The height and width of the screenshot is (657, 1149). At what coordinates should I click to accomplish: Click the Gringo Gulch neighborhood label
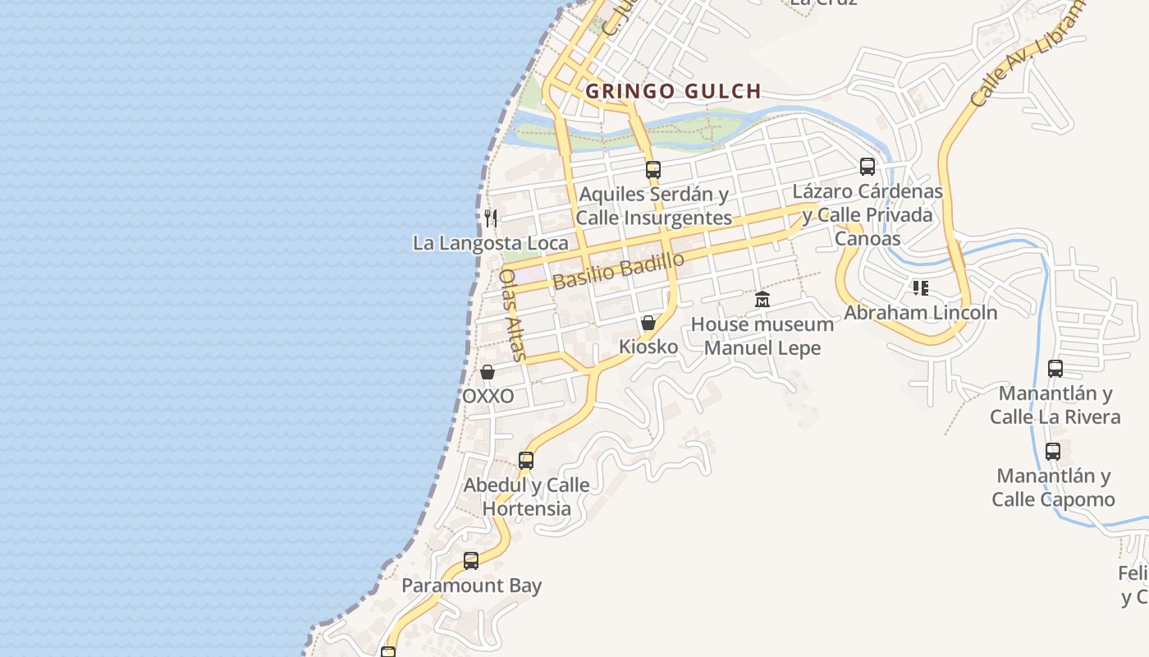pyautogui.click(x=673, y=91)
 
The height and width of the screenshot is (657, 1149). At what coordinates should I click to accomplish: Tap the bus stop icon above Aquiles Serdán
pyautogui.click(x=653, y=170)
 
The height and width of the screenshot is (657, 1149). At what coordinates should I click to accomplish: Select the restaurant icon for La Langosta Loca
pyautogui.click(x=491, y=218)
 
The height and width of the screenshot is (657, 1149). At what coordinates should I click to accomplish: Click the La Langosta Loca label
pyautogui.click(x=490, y=243)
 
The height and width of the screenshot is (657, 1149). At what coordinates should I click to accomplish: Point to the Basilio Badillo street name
pyautogui.click(x=618, y=271)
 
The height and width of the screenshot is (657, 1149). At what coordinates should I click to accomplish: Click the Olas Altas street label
pyautogui.click(x=511, y=315)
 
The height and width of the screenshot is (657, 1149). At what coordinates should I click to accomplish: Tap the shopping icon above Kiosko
pyautogui.click(x=648, y=323)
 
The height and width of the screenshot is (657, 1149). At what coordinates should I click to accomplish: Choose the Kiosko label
pyautogui.click(x=648, y=347)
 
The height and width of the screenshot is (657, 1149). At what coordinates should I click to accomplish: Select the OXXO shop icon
pyautogui.click(x=488, y=373)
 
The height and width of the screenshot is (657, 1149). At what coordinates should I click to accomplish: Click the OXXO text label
pyautogui.click(x=488, y=397)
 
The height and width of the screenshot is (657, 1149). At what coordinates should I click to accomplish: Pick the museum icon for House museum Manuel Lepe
pyautogui.click(x=762, y=300)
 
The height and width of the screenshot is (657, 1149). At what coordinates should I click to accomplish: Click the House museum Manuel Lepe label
pyautogui.click(x=762, y=336)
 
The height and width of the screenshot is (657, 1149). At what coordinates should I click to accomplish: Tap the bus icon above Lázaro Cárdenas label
pyautogui.click(x=867, y=167)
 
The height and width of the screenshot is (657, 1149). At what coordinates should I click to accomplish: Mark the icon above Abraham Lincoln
pyautogui.click(x=921, y=288)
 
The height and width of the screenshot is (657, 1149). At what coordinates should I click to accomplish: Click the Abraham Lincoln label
pyautogui.click(x=921, y=313)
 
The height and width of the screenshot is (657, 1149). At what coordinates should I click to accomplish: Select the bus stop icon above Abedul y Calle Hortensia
pyautogui.click(x=526, y=461)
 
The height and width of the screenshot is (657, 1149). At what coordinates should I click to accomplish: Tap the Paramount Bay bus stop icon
pyautogui.click(x=471, y=561)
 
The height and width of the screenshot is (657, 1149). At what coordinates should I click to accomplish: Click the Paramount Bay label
pyautogui.click(x=471, y=586)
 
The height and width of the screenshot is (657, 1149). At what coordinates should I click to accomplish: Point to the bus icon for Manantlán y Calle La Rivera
pyautogui.click(x=1055, y=369)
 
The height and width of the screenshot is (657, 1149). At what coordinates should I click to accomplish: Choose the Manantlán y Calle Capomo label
pyautogui.click(x=1053, y=488)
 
